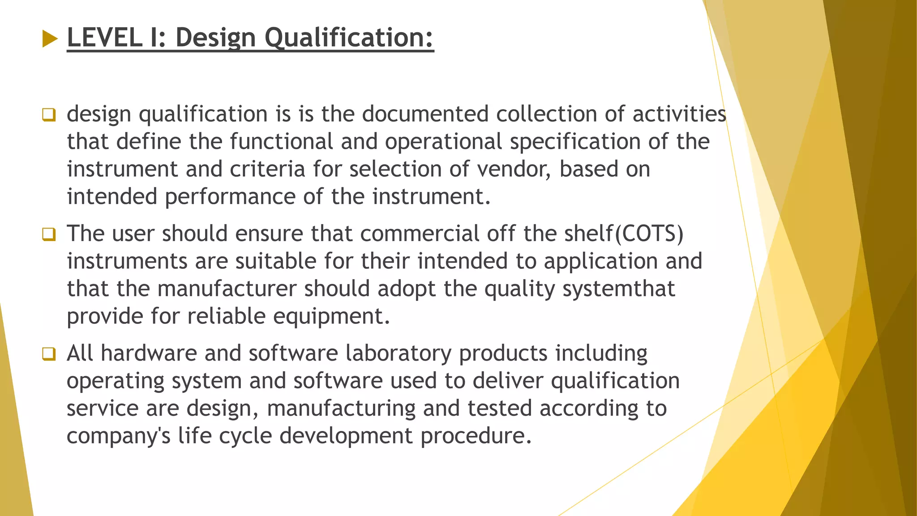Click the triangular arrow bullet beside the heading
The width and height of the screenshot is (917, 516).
(x=50, y=39)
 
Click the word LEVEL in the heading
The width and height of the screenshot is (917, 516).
(x=105, y=37)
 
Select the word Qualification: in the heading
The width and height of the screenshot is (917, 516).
(x=349, y=37)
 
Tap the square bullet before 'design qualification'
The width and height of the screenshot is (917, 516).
(x=49, y=115)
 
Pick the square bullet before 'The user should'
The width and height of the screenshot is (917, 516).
(x=49, y=234)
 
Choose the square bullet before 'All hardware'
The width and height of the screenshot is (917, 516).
(x=49, y=354)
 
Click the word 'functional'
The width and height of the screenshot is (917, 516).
(x=282, y=142)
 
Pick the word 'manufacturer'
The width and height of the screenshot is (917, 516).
(x=227, y=289)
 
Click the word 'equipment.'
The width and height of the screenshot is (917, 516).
(x=332, y=316)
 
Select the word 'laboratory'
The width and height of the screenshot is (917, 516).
(x=399, y=353)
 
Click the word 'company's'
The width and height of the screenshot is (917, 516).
(x=119, y=436)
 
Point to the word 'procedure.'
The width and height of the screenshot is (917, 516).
(x=476, y=436)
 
